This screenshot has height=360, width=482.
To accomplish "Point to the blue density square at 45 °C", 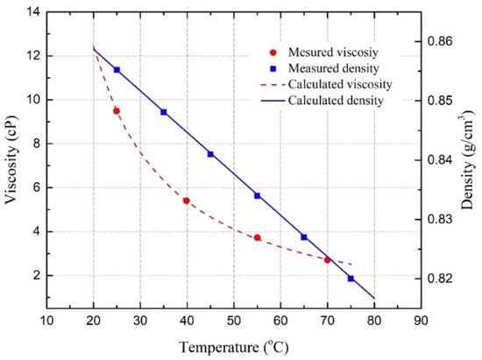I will [210, 154].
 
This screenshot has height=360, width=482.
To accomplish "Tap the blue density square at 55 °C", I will [257, 195].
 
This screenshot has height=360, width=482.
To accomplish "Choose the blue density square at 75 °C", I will [351, 279].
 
